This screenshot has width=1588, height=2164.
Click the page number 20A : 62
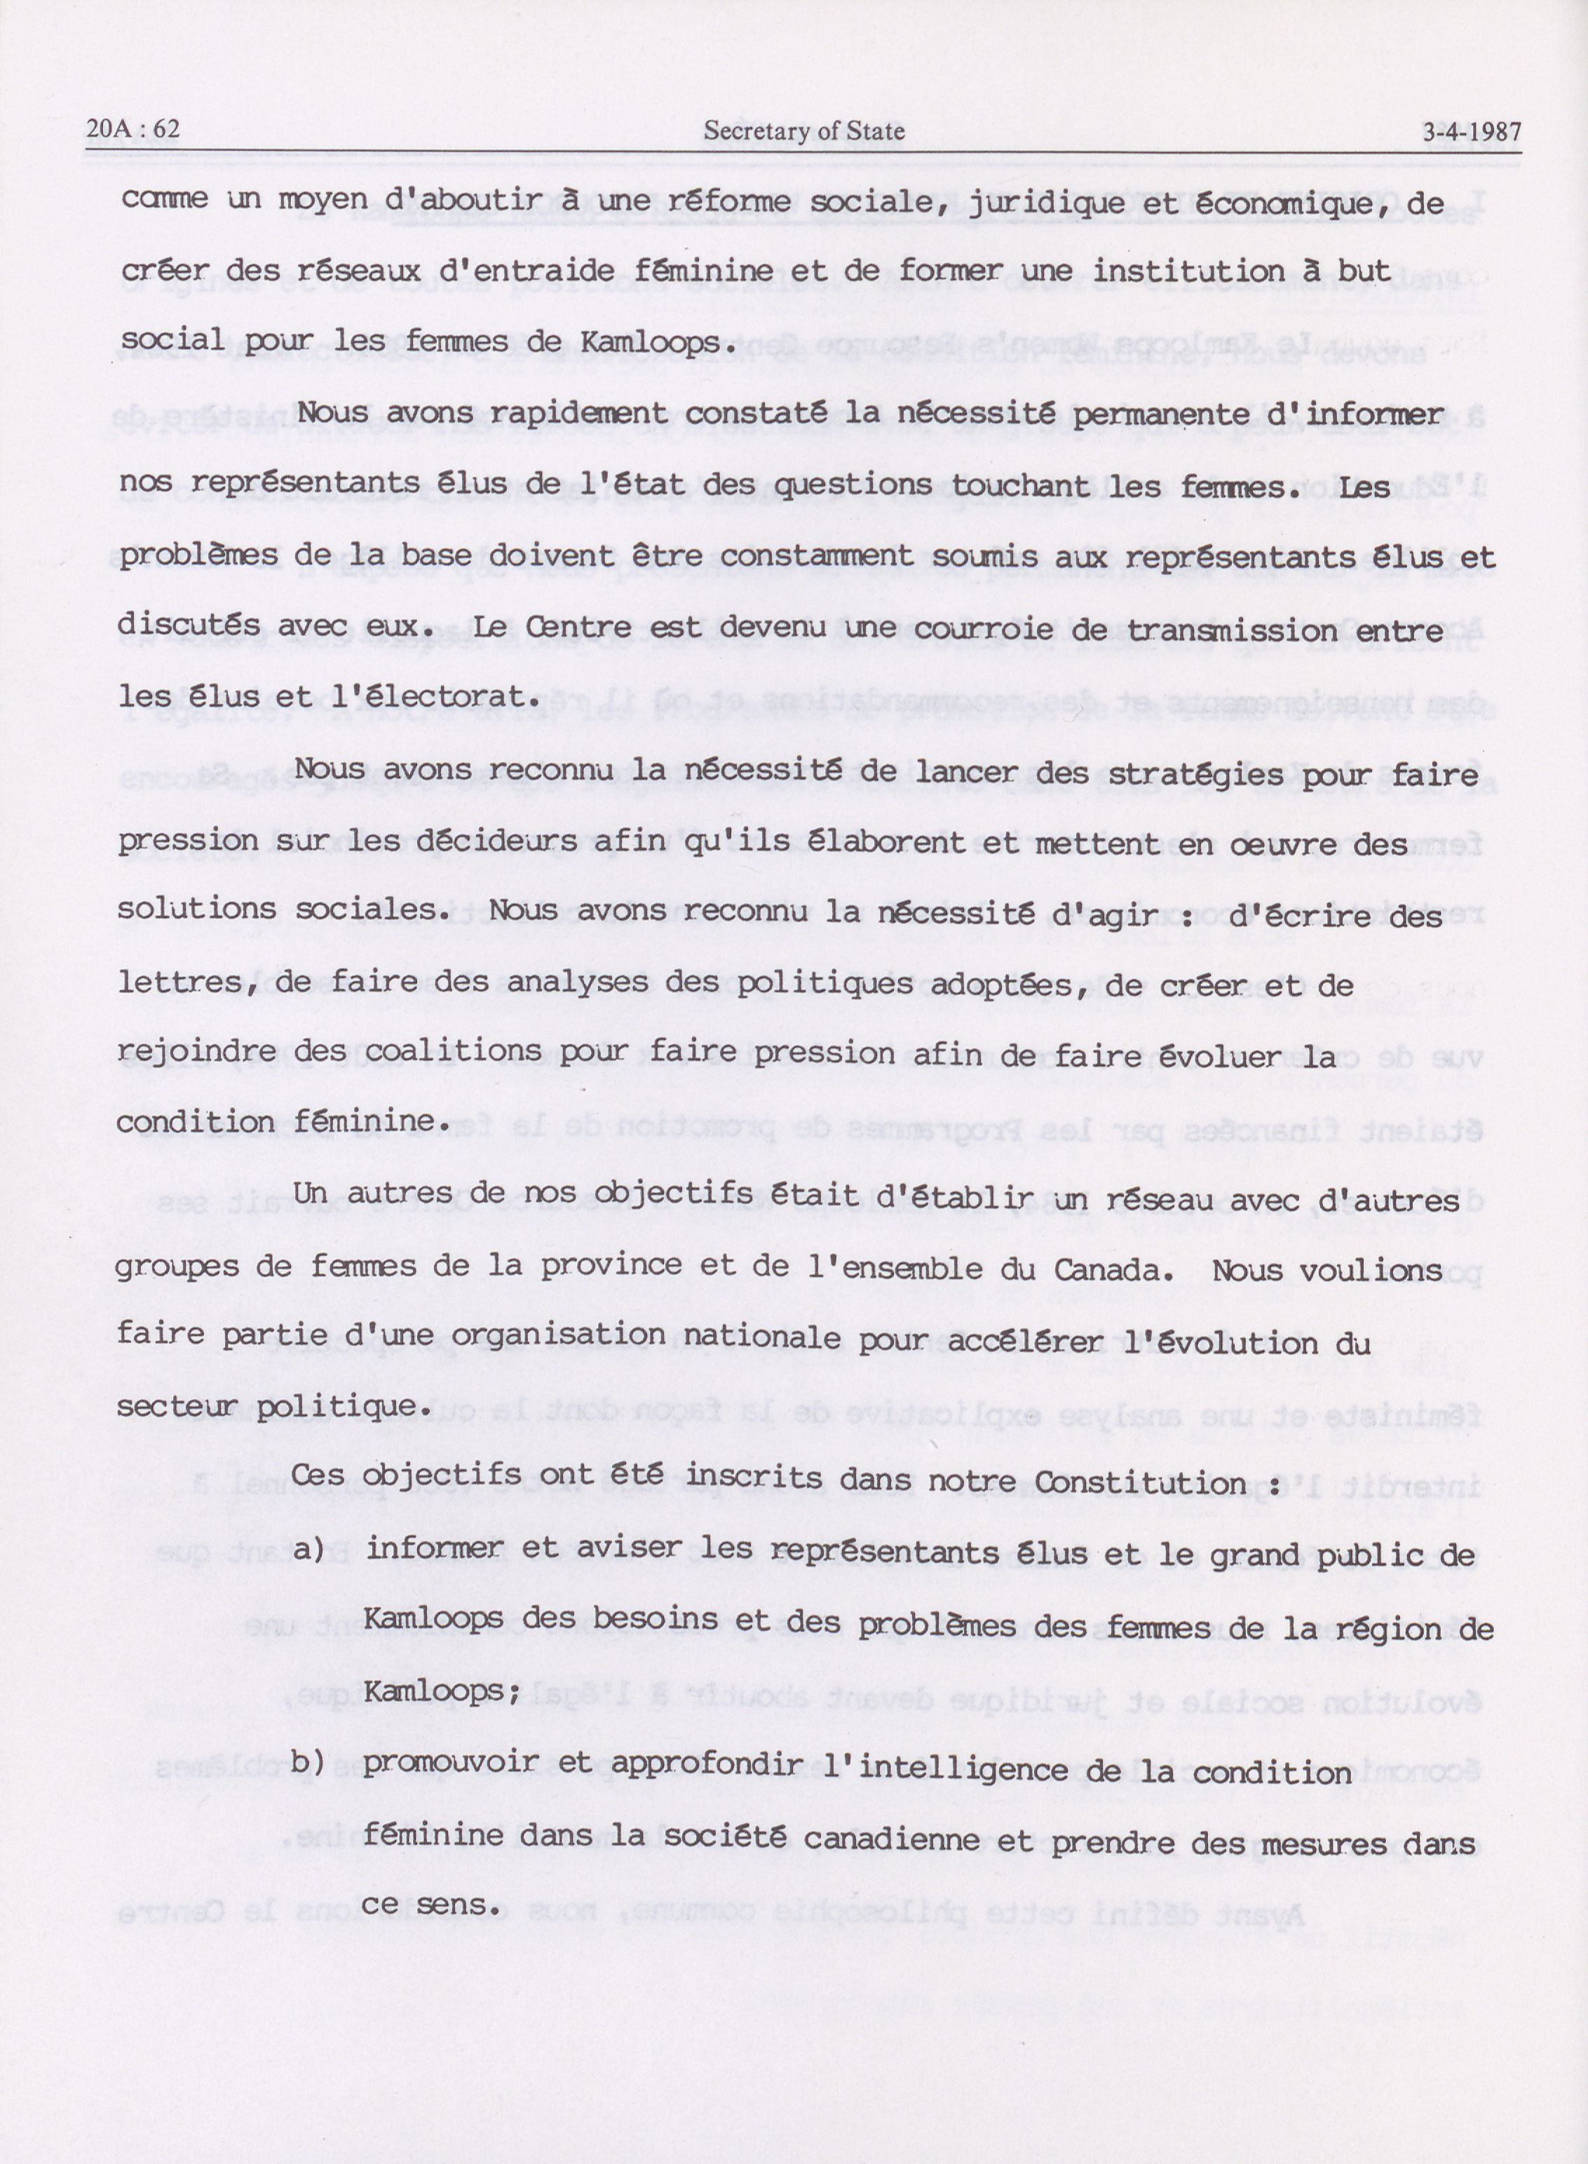134,130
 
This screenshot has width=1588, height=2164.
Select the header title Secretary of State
803,130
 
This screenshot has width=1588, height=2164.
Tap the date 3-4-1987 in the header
1472,132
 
